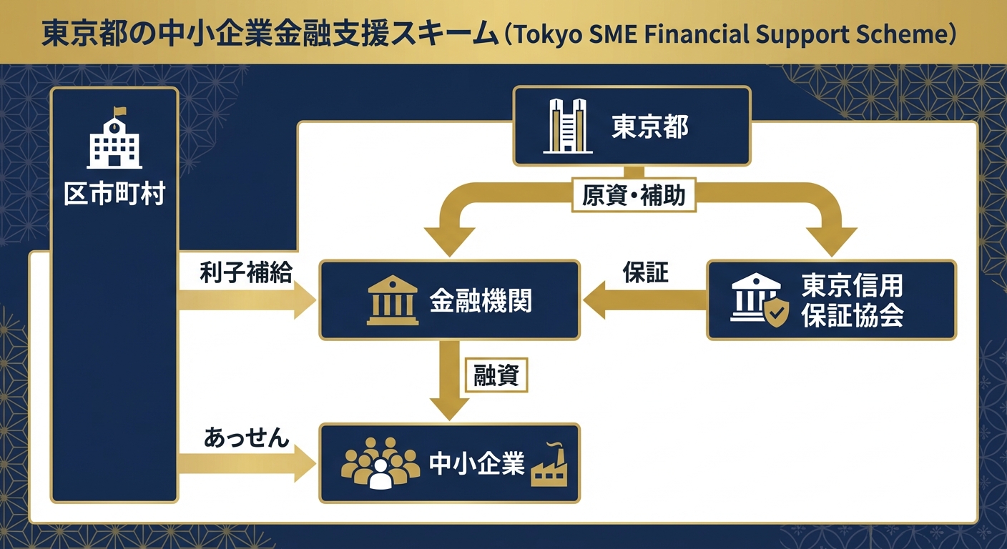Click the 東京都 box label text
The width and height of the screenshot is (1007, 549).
(649, 127)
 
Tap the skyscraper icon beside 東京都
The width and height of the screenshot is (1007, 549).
(568, 127)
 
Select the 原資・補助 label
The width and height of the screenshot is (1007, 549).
(634, 195)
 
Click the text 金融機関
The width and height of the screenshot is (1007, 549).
(480, 300)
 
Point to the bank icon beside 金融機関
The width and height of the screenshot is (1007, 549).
(393, 301)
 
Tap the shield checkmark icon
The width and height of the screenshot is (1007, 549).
(776, 313)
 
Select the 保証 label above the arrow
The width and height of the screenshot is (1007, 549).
(645, 272)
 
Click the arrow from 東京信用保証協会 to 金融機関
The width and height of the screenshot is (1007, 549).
(644, 300)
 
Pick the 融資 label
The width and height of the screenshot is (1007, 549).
(496, 375)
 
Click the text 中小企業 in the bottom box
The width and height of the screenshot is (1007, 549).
(476, 463)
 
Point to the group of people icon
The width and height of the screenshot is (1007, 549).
(380, 463)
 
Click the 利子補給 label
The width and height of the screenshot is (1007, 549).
(245, 272)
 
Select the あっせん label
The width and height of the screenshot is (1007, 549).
(246, 437)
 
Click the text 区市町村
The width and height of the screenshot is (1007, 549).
(114, 194)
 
